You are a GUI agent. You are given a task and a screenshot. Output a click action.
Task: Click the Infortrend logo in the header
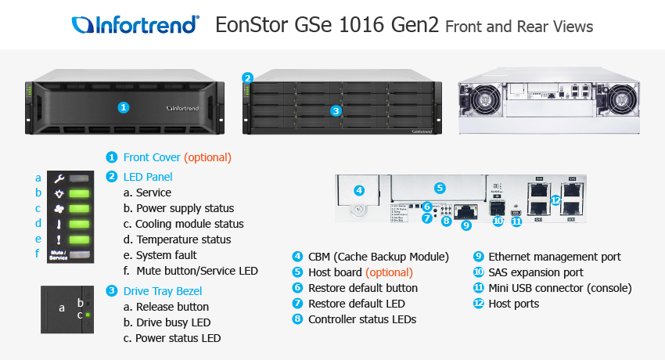click(134, 25)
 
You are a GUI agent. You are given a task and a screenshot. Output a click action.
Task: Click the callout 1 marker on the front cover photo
click(123, 106)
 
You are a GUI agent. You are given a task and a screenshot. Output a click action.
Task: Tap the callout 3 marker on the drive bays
click(336, 110)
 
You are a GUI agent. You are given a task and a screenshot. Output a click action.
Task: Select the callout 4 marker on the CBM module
click(359, 189)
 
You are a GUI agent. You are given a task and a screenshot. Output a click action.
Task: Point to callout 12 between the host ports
click(555, 200)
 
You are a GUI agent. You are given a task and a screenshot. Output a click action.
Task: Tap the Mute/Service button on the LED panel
click(59, 255)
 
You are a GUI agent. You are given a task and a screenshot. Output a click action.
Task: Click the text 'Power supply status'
click(185, 208)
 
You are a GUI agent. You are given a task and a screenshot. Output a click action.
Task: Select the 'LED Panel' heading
click(148, 177)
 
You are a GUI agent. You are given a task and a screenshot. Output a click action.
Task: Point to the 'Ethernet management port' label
click(554, 257)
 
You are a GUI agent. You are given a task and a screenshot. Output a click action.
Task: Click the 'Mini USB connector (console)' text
click(559, 288)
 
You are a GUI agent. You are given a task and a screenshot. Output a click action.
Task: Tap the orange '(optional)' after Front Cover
click(207, 157)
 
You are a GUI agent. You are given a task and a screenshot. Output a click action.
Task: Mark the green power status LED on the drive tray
click(88, 315)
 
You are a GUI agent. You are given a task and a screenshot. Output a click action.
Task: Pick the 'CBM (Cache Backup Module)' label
click(379, 257)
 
